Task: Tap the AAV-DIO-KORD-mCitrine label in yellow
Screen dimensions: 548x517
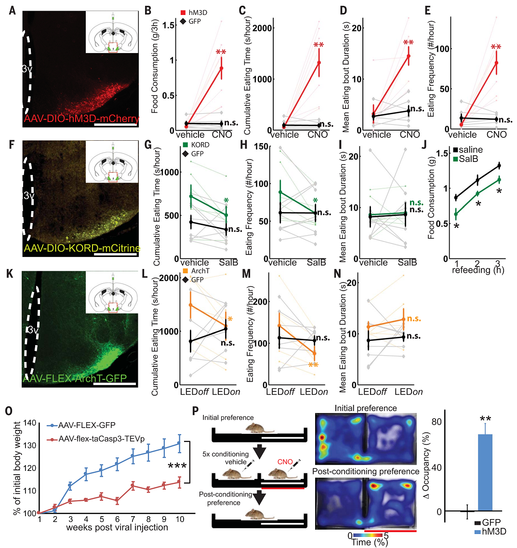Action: tap(82, 249)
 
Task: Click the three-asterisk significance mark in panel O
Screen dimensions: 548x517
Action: tap(178, 467)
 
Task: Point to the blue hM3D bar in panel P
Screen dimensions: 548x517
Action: tap(485, 472)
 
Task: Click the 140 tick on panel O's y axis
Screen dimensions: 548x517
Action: tap(29, 423)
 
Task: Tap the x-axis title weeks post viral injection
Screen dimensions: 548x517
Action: tap(118, 527)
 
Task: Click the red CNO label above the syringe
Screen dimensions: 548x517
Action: tap(285, 461)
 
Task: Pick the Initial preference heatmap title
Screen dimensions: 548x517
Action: tap(367, 408)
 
